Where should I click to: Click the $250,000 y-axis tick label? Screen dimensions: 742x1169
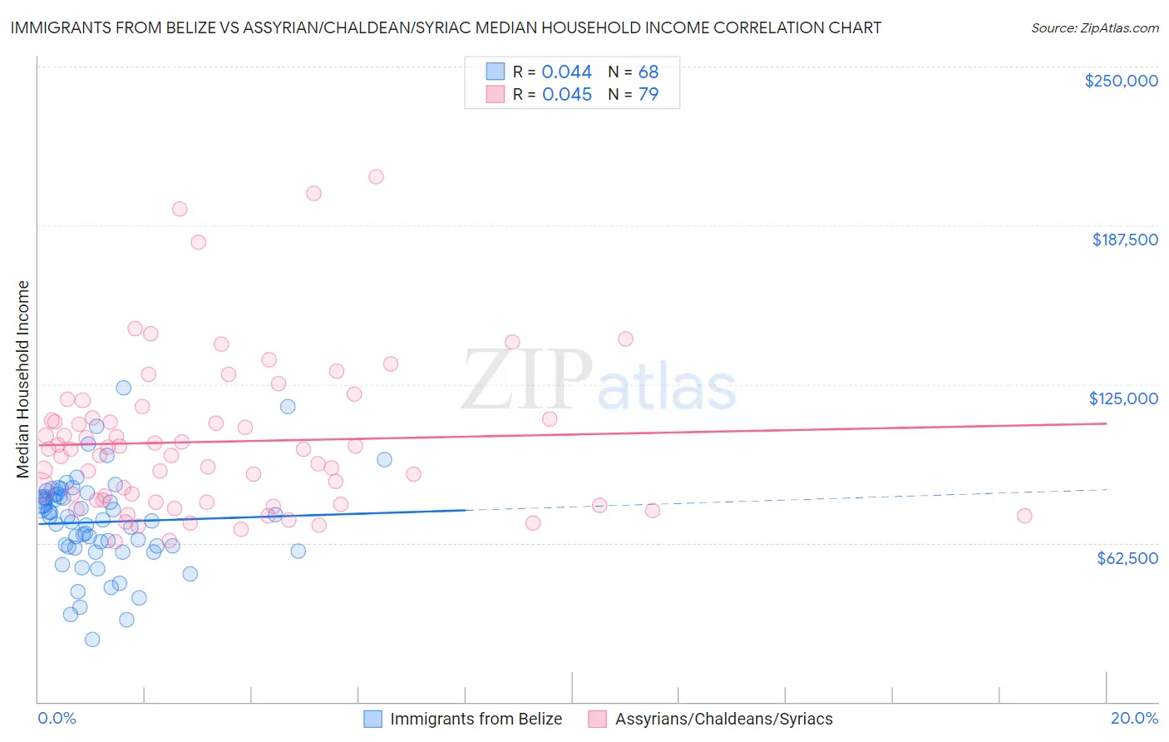click(1121, 81)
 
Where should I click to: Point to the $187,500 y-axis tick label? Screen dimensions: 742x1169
click(1125, 240)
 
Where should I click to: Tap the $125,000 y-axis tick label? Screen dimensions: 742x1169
click(1123, 398)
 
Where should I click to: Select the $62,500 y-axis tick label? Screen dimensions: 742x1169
click(1127, 558)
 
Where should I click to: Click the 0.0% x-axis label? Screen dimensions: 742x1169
click(57, 718)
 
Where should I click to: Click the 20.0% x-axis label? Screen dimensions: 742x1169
click(1134, 718)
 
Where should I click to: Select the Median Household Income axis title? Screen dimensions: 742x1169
click(23, 379)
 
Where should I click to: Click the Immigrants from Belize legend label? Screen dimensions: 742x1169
click(476, 719)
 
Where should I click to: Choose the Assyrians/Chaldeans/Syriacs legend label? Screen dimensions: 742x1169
click(723, 719)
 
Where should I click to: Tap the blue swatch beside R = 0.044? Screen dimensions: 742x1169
click(496, 72)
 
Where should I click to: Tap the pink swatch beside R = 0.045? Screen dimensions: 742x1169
click(496, 94)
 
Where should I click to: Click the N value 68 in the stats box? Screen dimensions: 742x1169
click(649, 72)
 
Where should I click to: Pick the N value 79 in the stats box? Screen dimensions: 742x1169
click(649, 94)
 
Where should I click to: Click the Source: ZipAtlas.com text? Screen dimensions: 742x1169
click(1094, 28)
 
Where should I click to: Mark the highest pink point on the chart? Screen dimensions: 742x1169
click(376, 176)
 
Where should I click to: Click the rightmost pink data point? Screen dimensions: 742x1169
click(1024, 516)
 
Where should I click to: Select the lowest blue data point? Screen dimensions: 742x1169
click(92, 639)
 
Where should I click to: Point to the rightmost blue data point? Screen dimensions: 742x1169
click(384, 459)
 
